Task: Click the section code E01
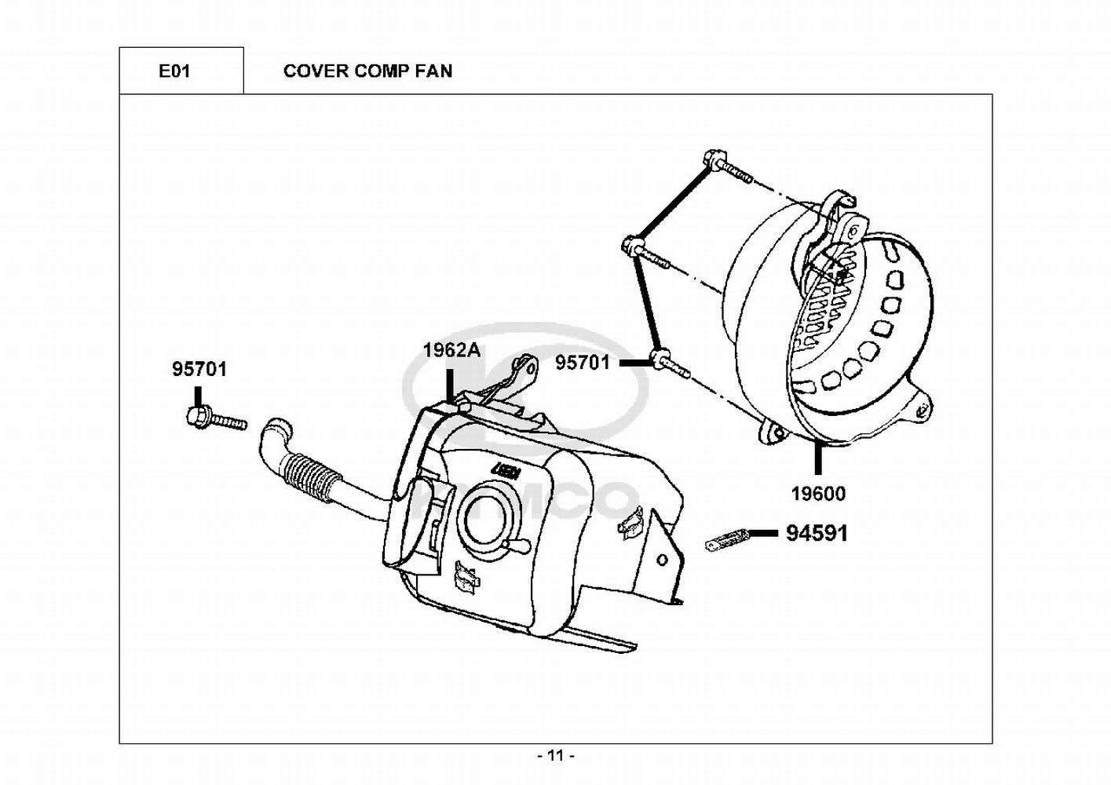(x=174, y=71)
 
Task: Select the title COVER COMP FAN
(x=367, y=71)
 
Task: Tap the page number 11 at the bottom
(x=556, y=756)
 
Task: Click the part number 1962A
(x=451, y=350)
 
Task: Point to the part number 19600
(x=818, y=494)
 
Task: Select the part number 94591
(x=817, y=534)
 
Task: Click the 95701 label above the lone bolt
(x=199, y=369)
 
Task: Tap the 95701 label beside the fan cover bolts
(x=583, y=363)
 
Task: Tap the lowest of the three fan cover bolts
(x=670, y=364)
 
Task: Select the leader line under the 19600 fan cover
(x=818, y=459)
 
